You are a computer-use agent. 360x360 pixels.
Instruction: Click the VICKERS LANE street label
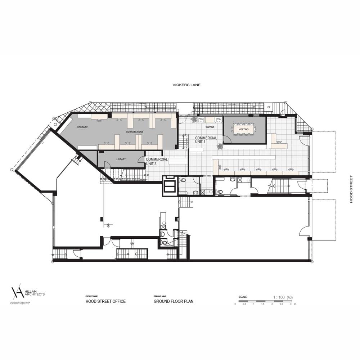[186, 85]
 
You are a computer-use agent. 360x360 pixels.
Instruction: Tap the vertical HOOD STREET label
[351, 189]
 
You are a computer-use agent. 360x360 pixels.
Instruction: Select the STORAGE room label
[82, 127]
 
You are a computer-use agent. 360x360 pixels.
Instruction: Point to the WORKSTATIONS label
[134, 132]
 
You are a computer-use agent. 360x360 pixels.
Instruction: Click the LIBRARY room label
[121, 159]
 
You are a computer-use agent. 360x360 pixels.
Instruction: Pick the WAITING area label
[210, 127]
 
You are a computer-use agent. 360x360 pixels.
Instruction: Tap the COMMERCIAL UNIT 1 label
[206, 140]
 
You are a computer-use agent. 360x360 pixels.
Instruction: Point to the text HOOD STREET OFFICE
[105, 301]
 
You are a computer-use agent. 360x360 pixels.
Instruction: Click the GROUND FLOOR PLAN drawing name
[174, 301]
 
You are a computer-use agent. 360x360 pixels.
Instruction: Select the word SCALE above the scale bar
[243, 297]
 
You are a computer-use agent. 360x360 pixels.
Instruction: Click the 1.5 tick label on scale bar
[263, 304]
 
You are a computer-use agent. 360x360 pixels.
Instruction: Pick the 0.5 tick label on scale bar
[244, 304]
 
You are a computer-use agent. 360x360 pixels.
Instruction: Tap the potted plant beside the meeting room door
[219, 145]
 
